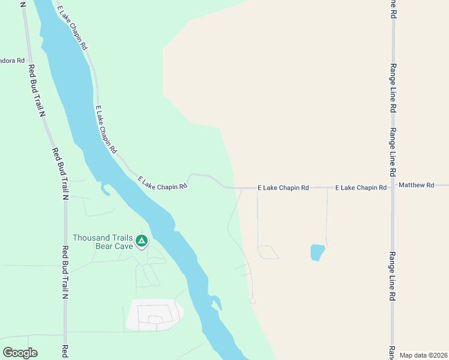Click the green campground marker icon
tap(141, 241)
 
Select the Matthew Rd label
tap(416, 185)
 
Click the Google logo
tap(20, 353)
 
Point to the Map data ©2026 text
tap(423, 355)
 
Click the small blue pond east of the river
tap(317, 252)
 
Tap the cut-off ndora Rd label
tap(12, 61)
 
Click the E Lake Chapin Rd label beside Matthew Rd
tap(360, 188)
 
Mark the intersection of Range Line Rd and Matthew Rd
tap(393, 185)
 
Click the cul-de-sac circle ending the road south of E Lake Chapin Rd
tap(253, 301)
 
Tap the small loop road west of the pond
tap(268, 253)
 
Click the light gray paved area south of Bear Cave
tap(154, 314)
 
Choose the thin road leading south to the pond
tap(327, 216)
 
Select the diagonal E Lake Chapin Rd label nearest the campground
tap(163, 184)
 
